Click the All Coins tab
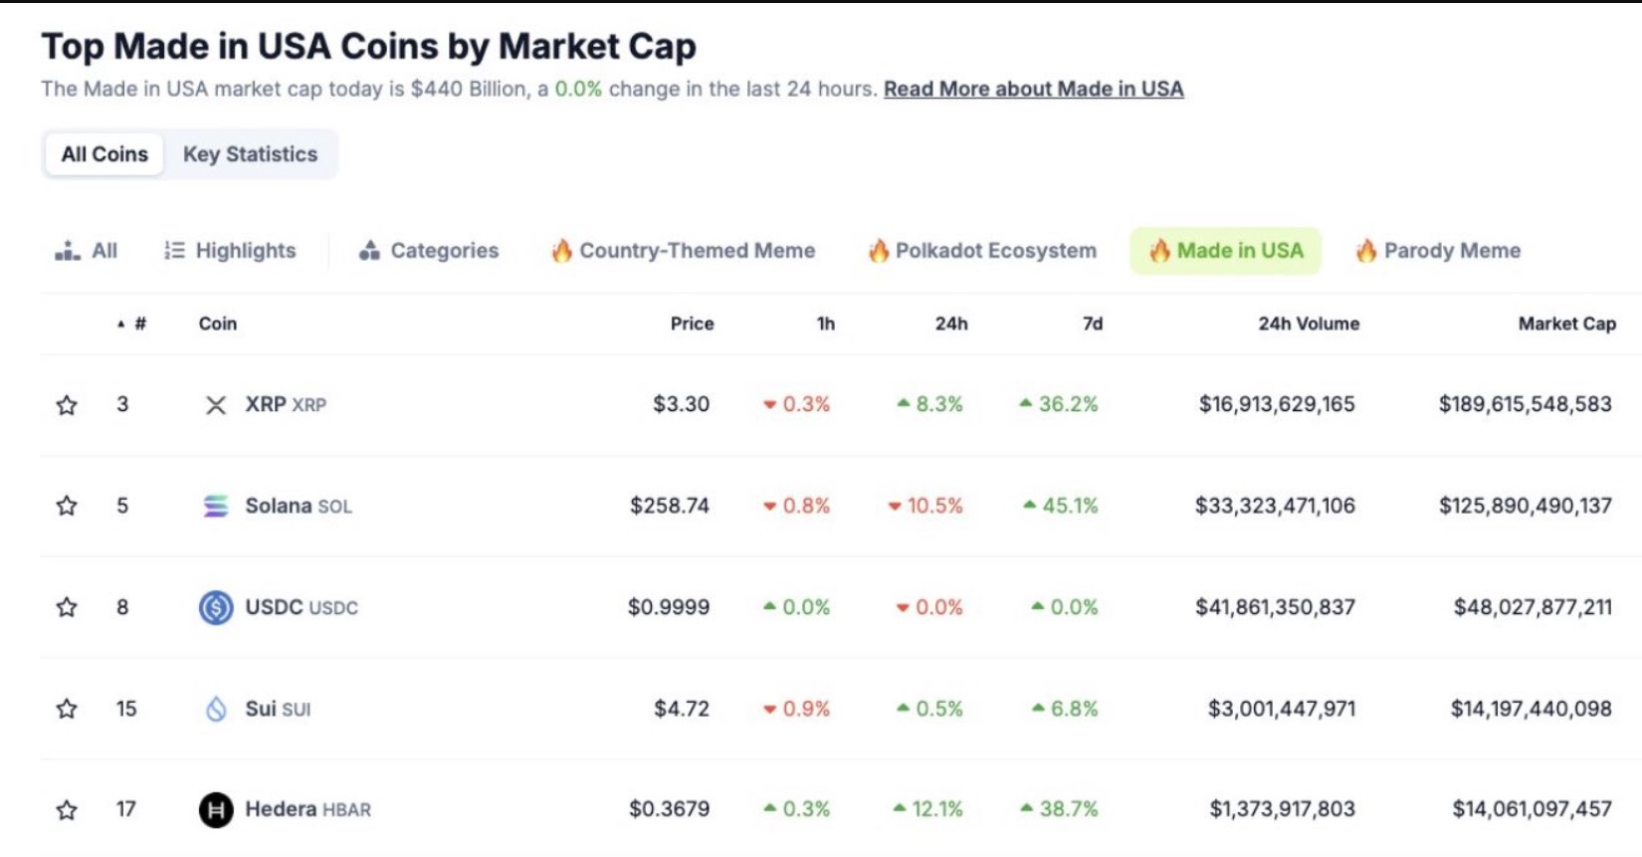[x=104, y=154]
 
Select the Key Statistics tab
[x=250, y=154]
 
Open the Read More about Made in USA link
[x=1033, y=89]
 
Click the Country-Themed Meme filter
[x=684, y=251]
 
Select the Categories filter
[x=429, y=251]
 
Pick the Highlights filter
[x=230, y=251]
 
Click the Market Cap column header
[x=1566, y=323]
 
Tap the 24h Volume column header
[x=1308, y=323]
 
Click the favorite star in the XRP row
[x=67, y=405]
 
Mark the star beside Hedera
[x=67, y=810]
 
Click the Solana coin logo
[x=216, y=507]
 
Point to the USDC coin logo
[x=216, y=607]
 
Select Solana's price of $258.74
[x=670, y=506]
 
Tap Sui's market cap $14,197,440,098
[x=1531, y=709]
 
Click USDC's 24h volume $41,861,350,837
[x=1275, y=607]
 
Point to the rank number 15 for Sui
[x=126, y=709]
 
